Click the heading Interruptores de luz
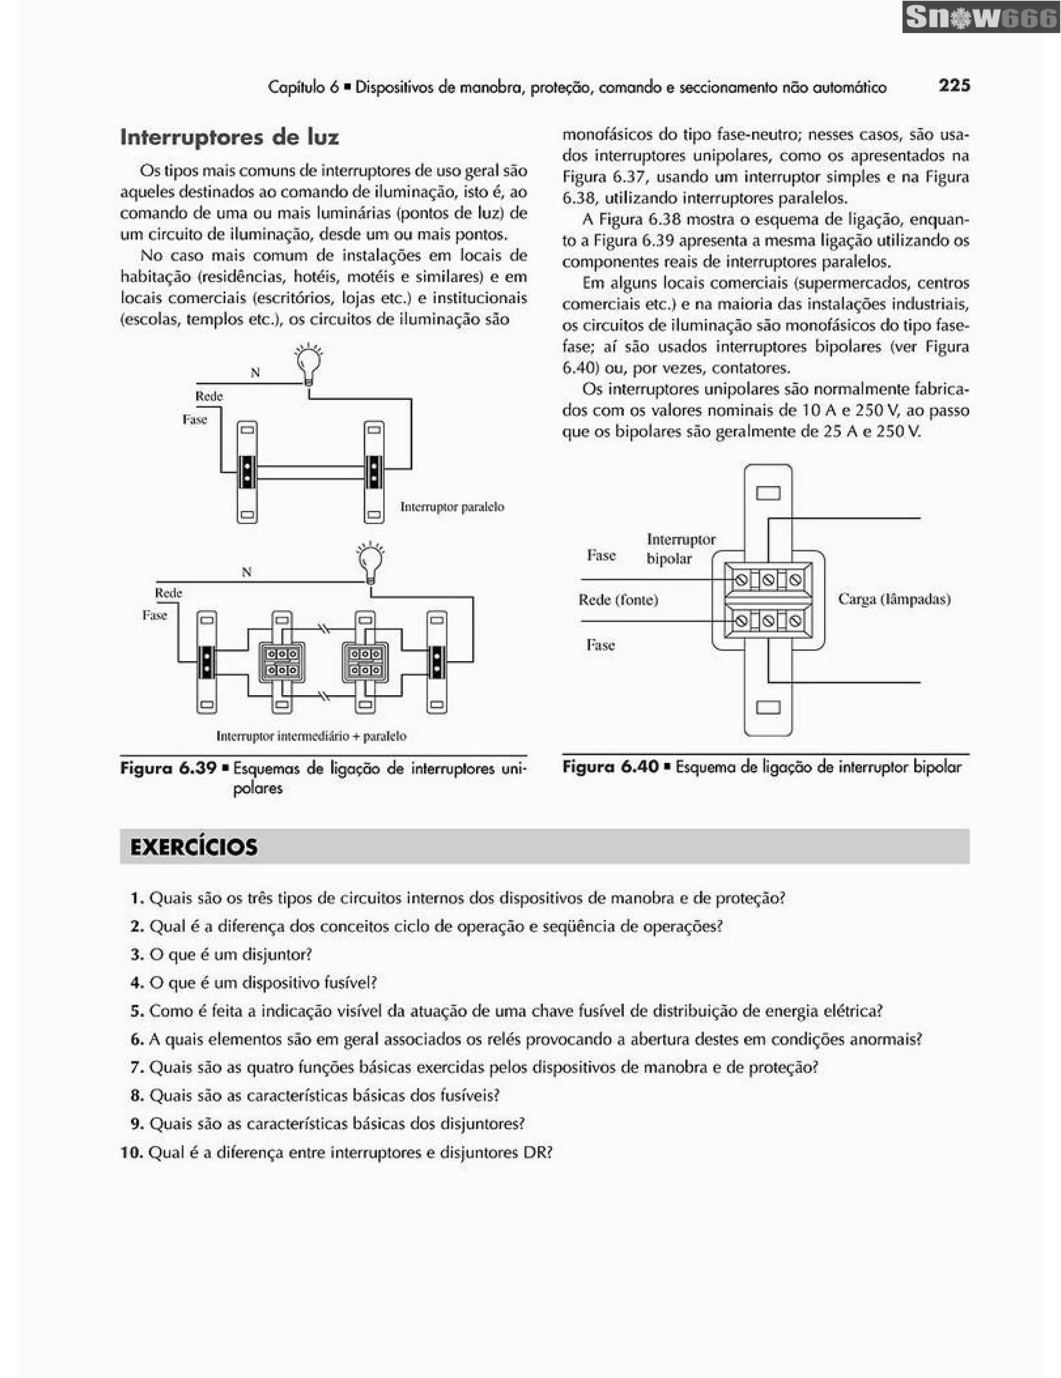(230, 137)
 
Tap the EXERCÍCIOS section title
(194, 846)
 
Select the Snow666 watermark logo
(980, 18)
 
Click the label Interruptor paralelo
(452, 507)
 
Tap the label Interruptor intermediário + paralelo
(311, 736)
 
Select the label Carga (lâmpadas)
(894, 599)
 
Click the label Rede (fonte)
(618, 599)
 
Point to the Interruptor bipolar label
(681, 548)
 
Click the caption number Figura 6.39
(168, 768)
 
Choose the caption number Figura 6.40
(610, 767)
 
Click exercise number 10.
(132, 1153)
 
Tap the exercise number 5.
(137, 1011)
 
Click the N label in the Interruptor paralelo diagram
(255, 373)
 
